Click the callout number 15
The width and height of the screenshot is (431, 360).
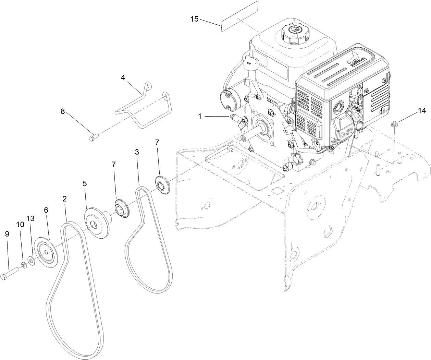click(194, 19)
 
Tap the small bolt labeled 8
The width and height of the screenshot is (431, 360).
click(93, 138)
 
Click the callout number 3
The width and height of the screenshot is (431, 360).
click(137, 152)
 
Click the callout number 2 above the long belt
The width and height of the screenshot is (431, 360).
click(64, 199)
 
